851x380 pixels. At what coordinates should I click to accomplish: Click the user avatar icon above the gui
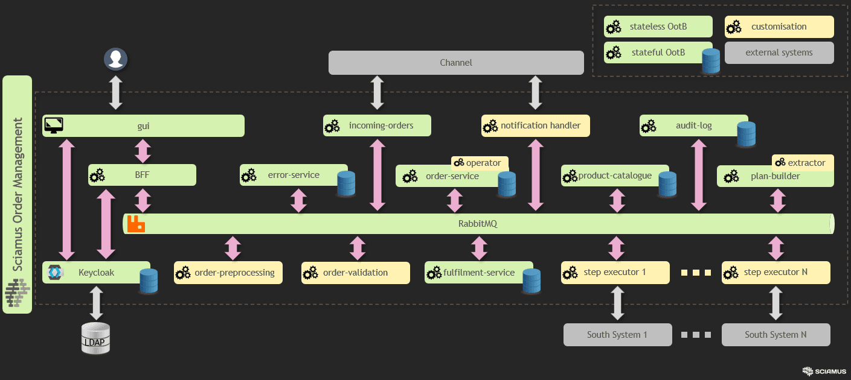(116, 59)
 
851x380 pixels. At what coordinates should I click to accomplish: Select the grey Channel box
(456, 63)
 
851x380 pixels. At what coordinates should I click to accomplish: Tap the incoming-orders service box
(377, 125)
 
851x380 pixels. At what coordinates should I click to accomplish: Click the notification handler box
(535, 125)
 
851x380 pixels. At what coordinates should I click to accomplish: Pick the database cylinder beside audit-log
(746, 134)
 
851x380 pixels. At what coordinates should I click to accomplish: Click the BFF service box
(142, 175)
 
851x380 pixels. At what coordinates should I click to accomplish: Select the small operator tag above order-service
(480, 163)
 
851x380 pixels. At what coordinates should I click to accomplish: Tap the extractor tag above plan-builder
(802, 163)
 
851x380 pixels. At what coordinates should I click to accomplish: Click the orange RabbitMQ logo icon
(136, 224)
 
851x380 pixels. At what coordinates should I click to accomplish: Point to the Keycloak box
(96, 273)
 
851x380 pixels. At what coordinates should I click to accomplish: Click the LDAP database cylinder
(96, 338)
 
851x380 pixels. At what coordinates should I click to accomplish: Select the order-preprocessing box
(228, 273)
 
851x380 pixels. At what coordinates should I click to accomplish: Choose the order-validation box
(355, 273)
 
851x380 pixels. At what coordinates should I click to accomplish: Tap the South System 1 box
(617, 334)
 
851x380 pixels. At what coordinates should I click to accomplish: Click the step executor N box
(776, 272)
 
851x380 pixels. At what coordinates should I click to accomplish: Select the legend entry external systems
(779, 52)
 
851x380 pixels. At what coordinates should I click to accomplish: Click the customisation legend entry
(779, 27)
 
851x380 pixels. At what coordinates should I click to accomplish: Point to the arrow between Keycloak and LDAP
(96, 303)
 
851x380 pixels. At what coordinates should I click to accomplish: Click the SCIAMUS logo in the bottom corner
(824, 371)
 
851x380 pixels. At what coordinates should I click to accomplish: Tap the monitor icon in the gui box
(54, 125)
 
